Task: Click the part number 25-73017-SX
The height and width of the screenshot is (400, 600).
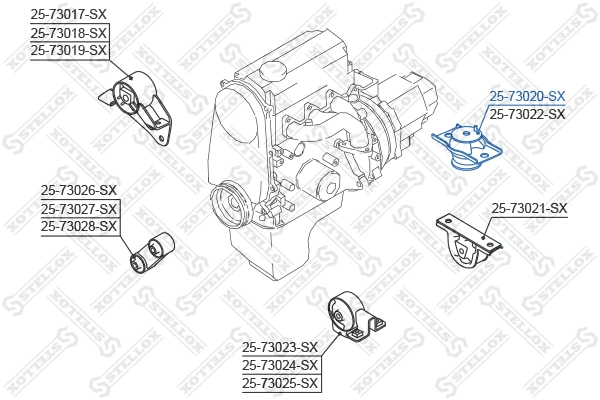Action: click(x=68, y=14)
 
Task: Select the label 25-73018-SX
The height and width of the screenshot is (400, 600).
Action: click(x=68, y=32)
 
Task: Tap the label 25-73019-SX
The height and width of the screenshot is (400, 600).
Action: click(x=68, y=50)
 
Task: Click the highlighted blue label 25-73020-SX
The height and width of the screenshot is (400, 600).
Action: click(x=527, y=96)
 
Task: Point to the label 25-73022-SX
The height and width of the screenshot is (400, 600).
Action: click(x=527, y=114)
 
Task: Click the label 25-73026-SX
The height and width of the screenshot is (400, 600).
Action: click(x=79, y=190)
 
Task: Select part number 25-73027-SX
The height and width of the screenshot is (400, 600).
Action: click(x=79, y=208)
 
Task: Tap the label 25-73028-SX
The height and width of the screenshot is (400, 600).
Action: click(x=79, y=226)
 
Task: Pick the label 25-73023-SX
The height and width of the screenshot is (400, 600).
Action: click(x=280, y=347)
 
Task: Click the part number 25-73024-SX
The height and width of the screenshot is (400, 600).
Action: click(x=280, y=365)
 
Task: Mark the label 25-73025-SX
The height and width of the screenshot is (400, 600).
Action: click(x=280, y=383)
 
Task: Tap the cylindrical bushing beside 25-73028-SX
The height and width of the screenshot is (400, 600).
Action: click(x=154, y=249)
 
